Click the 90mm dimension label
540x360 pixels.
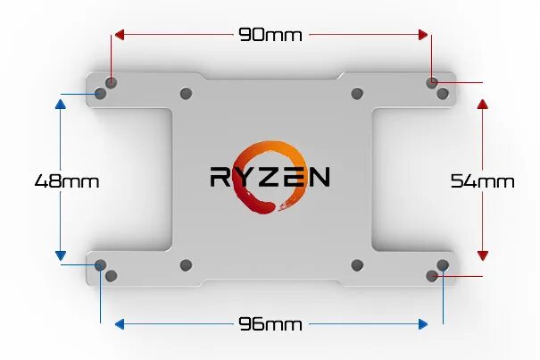click(x=270, y=35)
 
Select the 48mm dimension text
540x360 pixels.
click(x=66, y=180)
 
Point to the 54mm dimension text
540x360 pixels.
click(x=482, y=180)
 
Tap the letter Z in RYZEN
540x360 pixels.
click(x=270, y=176)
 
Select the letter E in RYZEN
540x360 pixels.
click(x=295, y=176)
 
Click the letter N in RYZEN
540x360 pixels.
click(x=319, y=176)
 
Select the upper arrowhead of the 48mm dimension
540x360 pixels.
click(x=61, y=104)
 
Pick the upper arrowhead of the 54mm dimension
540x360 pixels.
click(x=483, y=104)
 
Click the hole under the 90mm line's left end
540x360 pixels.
click(x=111, y=82)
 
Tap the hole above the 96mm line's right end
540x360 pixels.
click(x=444, y=264)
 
